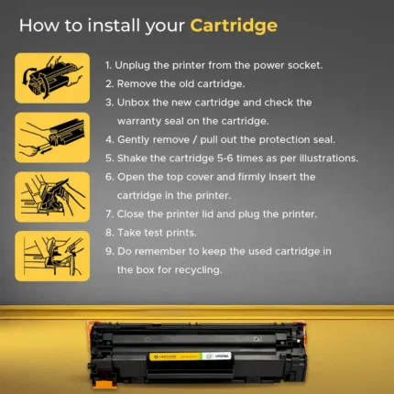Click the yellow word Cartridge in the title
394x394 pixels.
(x=234, y=26)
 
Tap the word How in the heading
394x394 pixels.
(x=38, y=25)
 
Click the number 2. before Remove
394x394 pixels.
(x=110, y=83)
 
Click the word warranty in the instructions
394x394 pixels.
(x=139, y=122)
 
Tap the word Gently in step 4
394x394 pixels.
(x=133, y=140)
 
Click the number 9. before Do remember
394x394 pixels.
(x=110, y=251)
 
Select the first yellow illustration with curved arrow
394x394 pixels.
(x=52, y=78)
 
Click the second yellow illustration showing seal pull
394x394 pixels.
(x=52, y=137)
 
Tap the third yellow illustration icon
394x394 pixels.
(x=52, y=197)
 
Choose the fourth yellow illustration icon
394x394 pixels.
(x=52, y=256)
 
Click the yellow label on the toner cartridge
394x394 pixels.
(x=175, y=356)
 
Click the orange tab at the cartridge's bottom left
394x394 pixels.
(x=104, y=384)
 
